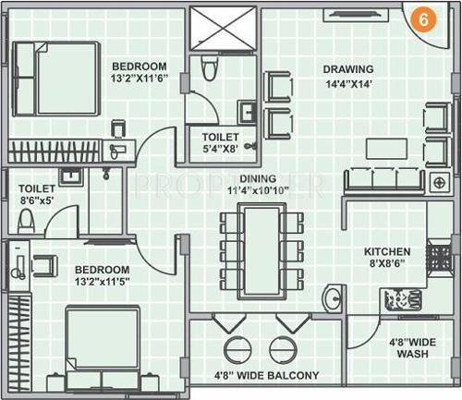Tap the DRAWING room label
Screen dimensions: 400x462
click(x=347, y=69)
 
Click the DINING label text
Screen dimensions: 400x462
click(x=258, y=180)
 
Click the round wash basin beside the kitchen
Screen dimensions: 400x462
click(x=333, y=298)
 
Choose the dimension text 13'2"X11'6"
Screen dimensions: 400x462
click(x=140, y=79)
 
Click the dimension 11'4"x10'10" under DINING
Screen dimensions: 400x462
click(x=258, y=192)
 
